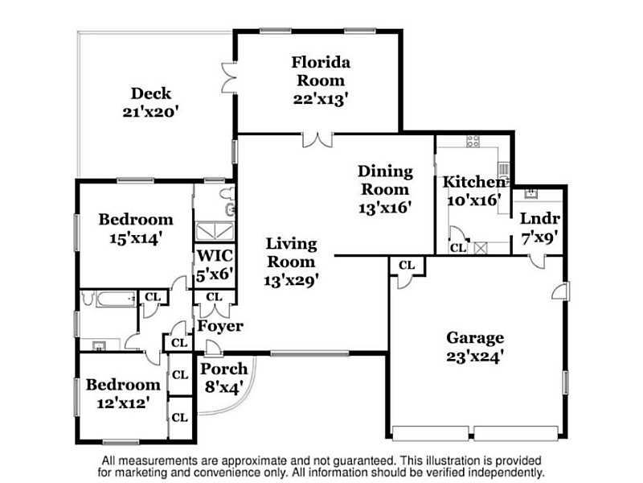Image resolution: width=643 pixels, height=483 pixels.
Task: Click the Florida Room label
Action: [321, 72]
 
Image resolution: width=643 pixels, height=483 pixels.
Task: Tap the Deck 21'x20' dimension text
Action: [151, 112]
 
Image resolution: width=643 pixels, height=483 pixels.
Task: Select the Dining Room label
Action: [385, 180]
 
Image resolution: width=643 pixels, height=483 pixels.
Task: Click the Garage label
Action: [475, 338]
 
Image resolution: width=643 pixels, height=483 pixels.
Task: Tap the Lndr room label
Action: [539, 218]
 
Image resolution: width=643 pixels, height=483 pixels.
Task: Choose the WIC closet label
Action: [215, 255]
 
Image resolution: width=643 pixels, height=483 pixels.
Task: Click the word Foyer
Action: [220, 327]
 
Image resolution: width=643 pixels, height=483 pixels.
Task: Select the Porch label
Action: [224, 369]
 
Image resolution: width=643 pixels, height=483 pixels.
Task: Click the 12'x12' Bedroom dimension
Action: [123, 403]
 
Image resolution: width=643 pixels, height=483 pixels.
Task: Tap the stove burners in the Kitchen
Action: [473, 142]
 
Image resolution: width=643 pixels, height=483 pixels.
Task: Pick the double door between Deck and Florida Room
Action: [229, 77]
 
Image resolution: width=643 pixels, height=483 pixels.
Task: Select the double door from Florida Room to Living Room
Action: [317, 139]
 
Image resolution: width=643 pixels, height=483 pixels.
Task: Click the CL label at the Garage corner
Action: [407, 266]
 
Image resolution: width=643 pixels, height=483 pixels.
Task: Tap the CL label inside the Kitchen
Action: [458, 248]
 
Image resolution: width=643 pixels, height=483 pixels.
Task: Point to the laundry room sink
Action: [531, 193]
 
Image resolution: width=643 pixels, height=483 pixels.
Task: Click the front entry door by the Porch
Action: [214, 349]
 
